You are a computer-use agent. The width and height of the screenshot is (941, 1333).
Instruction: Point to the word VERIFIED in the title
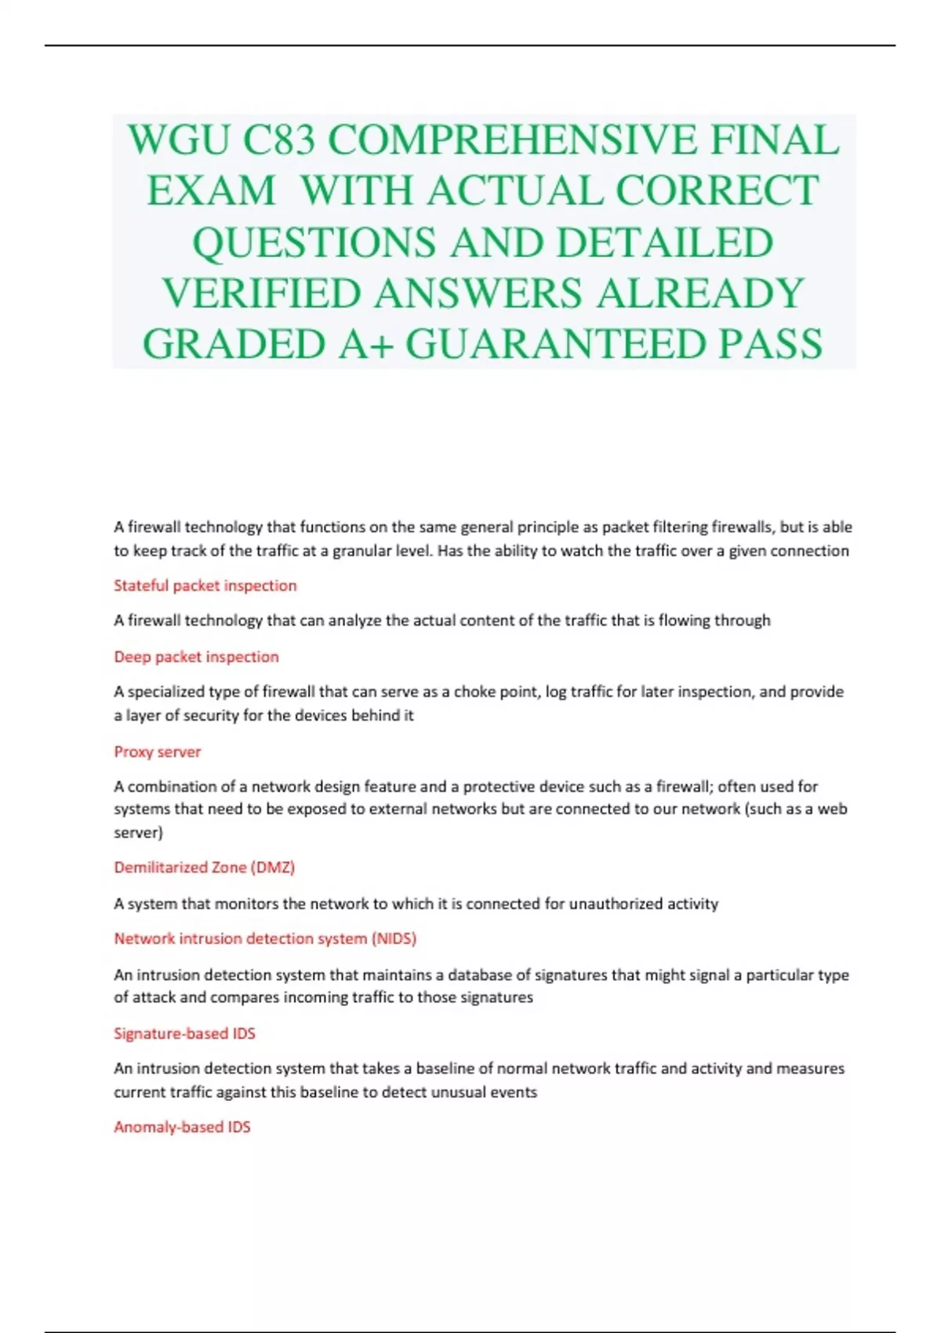[261, 293]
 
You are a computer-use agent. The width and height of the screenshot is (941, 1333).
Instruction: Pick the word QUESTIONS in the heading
[314, 242]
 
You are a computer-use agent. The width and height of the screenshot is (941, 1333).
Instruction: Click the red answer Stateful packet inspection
[205, 586]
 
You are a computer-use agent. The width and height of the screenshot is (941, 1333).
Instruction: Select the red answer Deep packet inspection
[196, 657]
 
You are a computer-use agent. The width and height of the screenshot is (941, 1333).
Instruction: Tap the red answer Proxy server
[158, 752]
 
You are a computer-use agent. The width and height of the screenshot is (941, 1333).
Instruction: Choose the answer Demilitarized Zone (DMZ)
[205, 867]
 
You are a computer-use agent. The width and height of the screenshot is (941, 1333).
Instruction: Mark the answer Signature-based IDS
[184, 1033]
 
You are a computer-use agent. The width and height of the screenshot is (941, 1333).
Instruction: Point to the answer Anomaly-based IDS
[182, 1128]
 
